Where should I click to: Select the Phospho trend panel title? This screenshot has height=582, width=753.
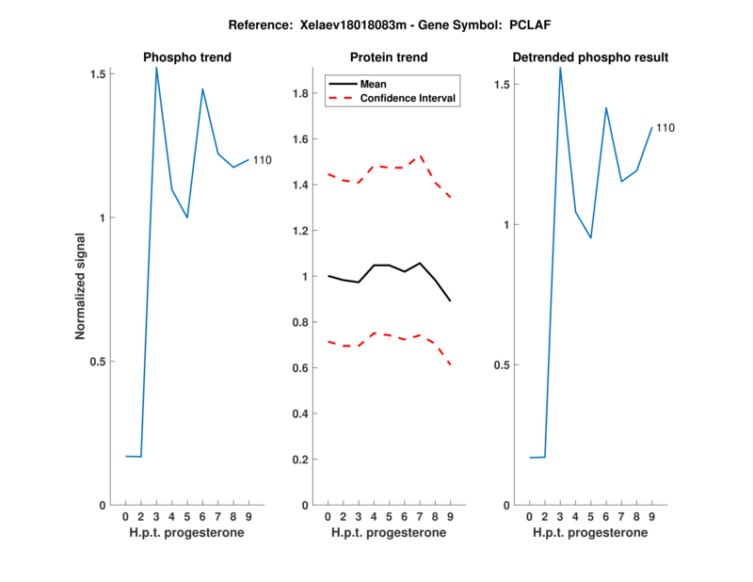click(x=187, y=57)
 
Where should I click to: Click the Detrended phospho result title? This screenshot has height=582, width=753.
click(x=590, y=57)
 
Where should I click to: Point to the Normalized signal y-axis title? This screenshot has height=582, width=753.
click(x=80, y=289)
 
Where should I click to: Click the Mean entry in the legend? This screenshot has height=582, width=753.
click(x=374, y=84)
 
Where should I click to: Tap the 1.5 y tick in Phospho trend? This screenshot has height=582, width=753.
click(x=99, y=73)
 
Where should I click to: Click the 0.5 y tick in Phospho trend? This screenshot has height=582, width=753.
click(x=99, y=362)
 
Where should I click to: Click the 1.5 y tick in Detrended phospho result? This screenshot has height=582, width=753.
click(x=501, y=85)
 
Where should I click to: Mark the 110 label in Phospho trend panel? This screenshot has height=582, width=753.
click(x=262, y=160)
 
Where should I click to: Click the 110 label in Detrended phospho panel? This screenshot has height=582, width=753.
click(x=665, y=127)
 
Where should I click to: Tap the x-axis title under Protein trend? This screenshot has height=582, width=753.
click(x=389, y=533)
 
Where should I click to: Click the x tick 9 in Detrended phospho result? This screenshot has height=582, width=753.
click(x=651, y=517)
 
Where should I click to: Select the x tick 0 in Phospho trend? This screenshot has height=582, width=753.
click(x=126, y=517)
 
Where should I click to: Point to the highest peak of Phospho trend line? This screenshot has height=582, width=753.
click(x=156, y=68)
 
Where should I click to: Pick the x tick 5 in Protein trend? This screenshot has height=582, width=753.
click(x=389, y=517)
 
